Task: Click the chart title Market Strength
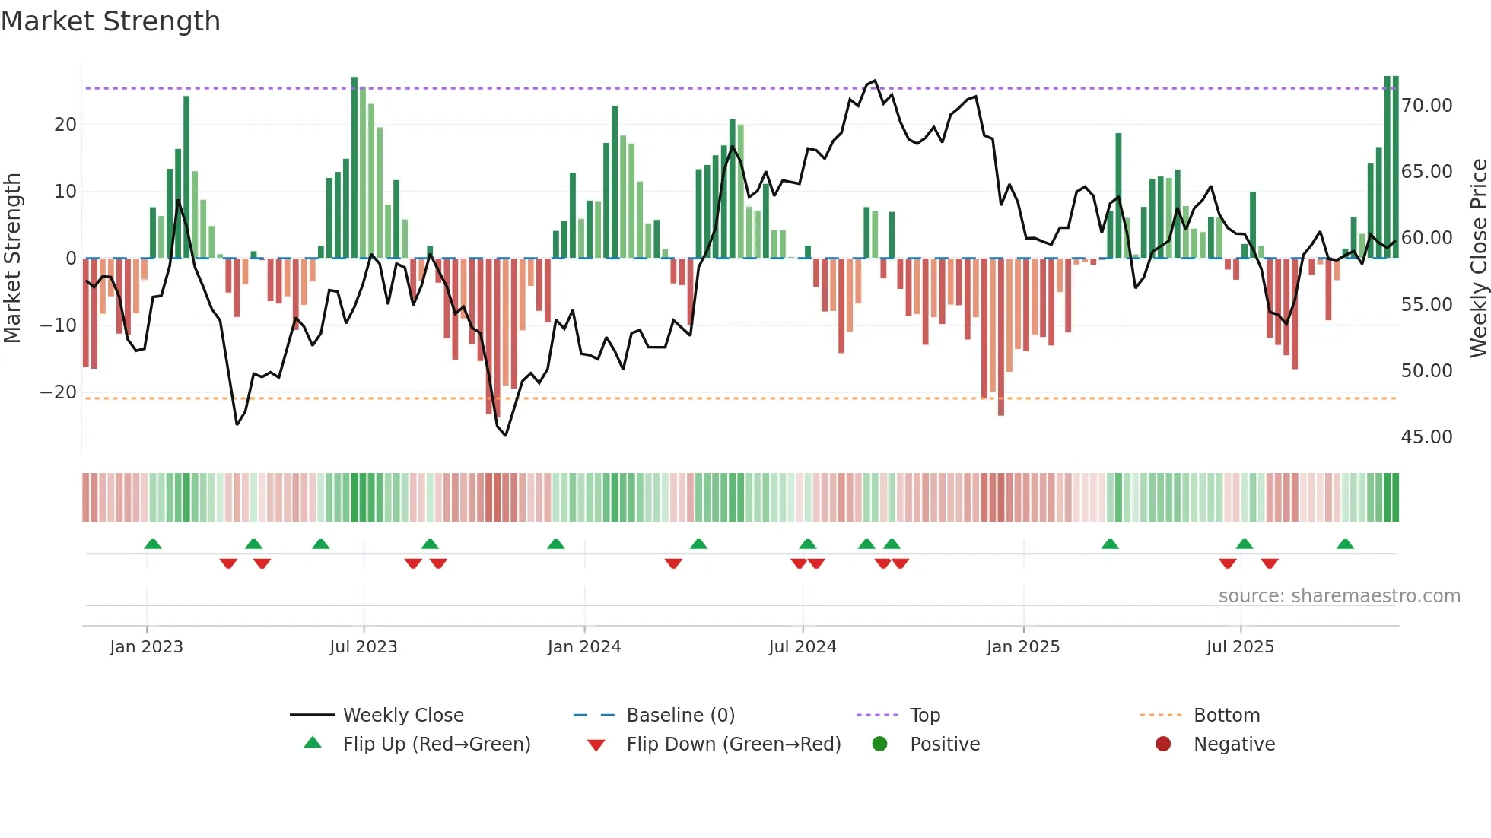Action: (x=110, y=21)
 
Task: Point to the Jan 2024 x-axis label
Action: (x=583, y=646)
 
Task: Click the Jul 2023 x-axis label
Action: (x=363, y=646)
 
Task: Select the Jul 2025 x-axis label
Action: (x=1239, y=646)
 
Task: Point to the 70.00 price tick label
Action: (x=1426, y=105)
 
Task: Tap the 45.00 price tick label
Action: (x=1426, y=436)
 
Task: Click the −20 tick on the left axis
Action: (x=59, y=392)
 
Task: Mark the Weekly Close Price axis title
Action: (x=1478, y=258)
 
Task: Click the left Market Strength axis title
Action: (x=12, y=258)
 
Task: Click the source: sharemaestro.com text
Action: (x=1339, y=595)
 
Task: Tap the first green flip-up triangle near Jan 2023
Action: (x=153, y=544)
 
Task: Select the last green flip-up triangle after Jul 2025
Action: (x=1345, y=544)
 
